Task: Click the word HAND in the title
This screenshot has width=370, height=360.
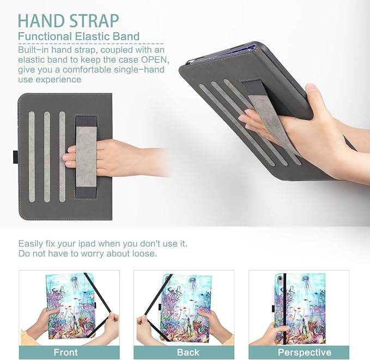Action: tap(41, 21)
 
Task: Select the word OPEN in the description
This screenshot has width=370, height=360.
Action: tap(154, 60)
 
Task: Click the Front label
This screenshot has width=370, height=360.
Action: tap(65, 352)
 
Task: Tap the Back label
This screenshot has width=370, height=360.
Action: tap(188, 352)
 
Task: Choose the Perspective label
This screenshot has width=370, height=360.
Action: tap(305, 352)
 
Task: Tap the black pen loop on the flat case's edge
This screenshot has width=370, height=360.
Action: tap(15, 156)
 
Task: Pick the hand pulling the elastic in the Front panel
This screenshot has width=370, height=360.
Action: tap(111, 325)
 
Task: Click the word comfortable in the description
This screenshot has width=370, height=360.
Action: tap(87, 70)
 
